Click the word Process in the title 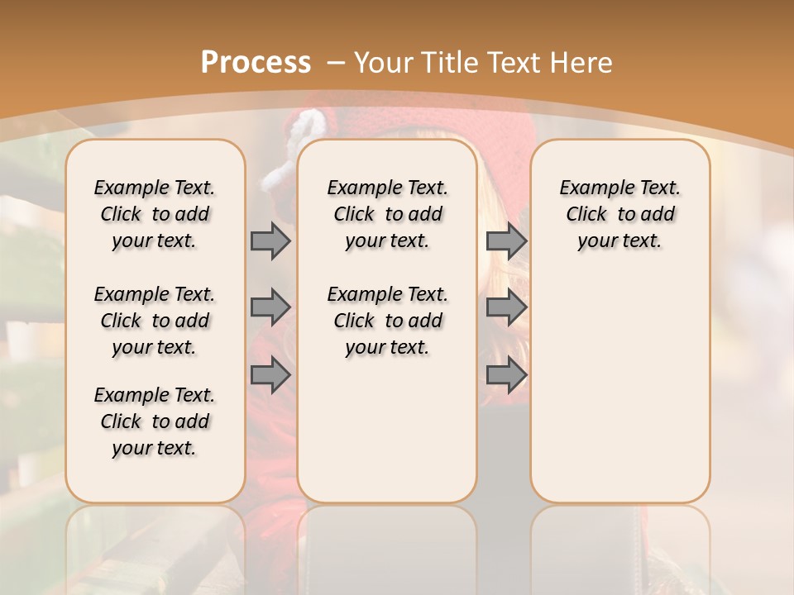pos(256,62)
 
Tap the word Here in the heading pos(582,62)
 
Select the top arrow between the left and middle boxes pos(270,240)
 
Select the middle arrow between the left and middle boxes pos(270,307)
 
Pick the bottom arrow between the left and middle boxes pos(270,375)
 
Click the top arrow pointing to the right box pos(506,240)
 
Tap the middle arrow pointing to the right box pos(506,307)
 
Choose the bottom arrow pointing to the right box pos(506,375)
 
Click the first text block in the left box pos(155,214)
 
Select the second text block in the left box pos(155,321)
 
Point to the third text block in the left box pos(155,421)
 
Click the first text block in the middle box pos(387,214)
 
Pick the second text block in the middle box pos(387,321)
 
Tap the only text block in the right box pos(619,214)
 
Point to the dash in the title pos(335,63)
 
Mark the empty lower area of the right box pos(619,388)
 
